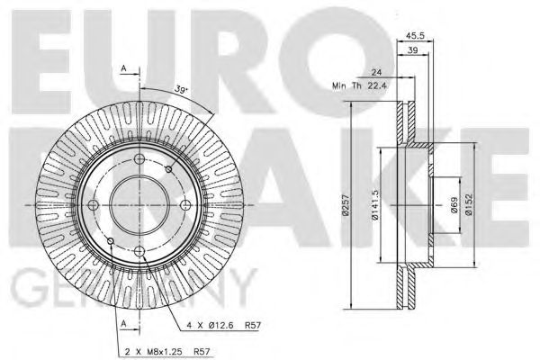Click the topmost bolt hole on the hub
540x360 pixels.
137,160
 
